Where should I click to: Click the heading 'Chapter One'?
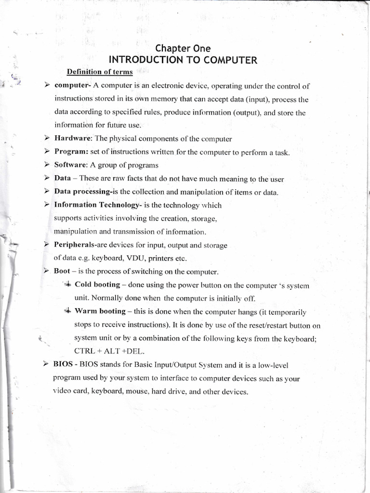[x=183, y=48]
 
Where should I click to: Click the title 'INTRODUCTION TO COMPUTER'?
[x=183, y=60]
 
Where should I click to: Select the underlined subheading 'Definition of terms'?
[x=100, y=72]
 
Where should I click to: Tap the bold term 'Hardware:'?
[x=73, y=139]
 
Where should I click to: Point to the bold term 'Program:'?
[x=71, y=152]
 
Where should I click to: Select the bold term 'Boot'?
[x=62, y=271]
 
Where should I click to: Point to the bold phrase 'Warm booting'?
[x=100, y=311]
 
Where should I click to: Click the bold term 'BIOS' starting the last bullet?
[x=63, y=365]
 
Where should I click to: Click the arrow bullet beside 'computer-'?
[x=47, y=86]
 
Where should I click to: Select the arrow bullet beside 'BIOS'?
[x=47, y=365]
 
